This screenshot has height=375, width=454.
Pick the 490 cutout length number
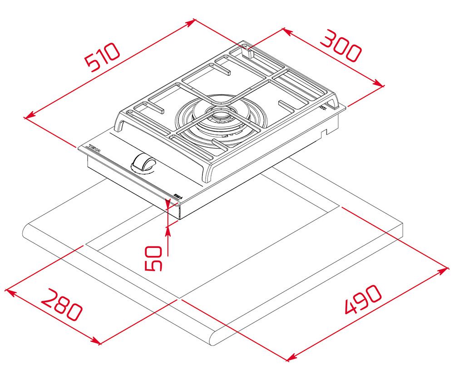[x=363, y=300]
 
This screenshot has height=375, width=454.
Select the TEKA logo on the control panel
[x=94, y=148]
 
